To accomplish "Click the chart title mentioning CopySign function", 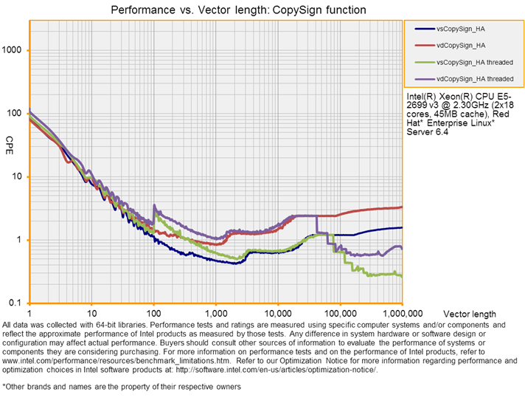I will click(x=238, y=10).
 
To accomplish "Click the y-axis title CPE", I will click(x=10, y=139).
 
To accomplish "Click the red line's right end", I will click(x=401, y=207).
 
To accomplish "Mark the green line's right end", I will click(x=401, y=277).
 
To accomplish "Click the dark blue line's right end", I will click(x=401, y=227).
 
